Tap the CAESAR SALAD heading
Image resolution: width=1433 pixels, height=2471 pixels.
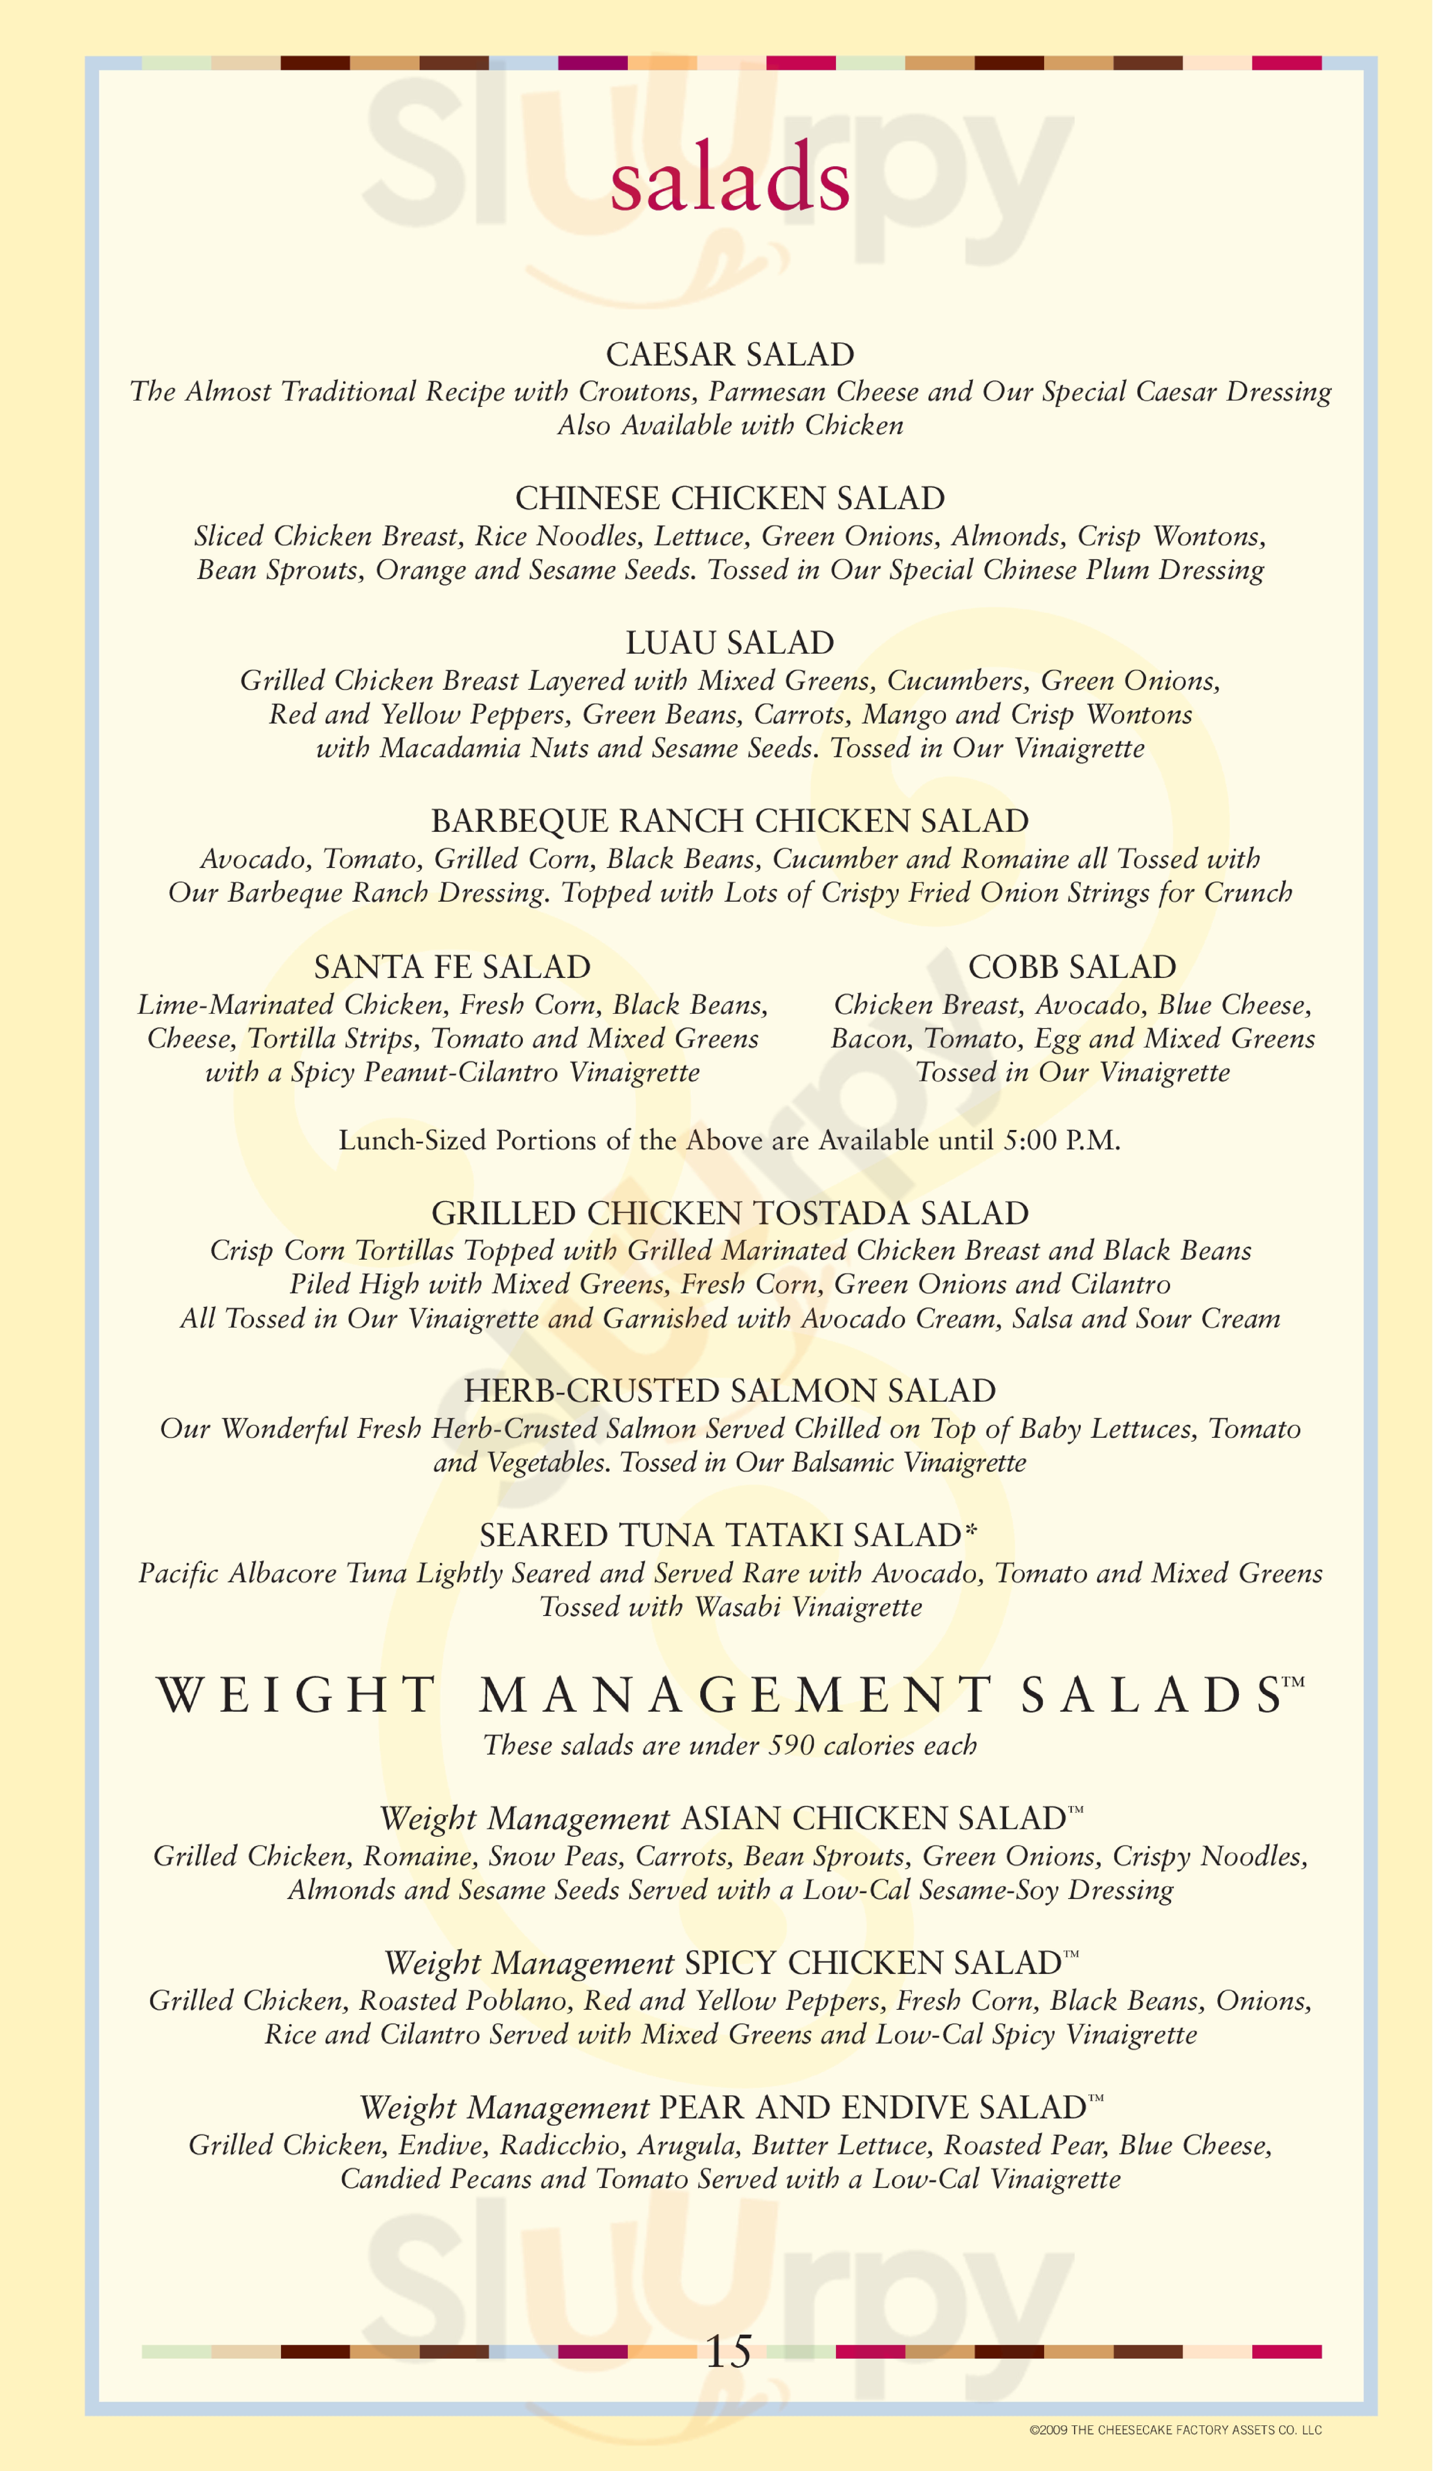(730, 354)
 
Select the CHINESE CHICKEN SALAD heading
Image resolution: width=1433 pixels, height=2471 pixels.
(730, 498)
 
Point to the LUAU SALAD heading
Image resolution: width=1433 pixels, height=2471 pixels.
(730, 642)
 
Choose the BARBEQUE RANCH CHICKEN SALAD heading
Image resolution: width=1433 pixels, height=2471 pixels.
(730, 821)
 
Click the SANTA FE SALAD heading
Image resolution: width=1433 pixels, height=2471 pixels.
(452, 967)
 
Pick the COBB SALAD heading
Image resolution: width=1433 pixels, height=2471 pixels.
(1072, 967)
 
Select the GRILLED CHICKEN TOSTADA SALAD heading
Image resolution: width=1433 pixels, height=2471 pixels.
(730, 1213)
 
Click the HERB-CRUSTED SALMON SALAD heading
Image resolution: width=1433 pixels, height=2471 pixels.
(730, 1390)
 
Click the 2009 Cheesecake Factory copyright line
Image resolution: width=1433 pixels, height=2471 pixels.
(1175, 2430)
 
